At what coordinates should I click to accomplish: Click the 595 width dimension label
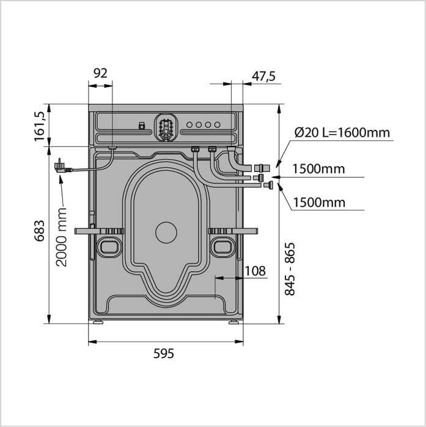[163, 353]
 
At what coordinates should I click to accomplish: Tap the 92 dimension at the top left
[100, 73]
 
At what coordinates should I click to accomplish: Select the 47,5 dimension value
[263, 76]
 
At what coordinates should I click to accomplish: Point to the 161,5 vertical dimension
[39, 126]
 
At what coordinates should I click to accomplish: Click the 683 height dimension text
[39, 231]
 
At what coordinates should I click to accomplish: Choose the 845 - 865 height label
[290, 269]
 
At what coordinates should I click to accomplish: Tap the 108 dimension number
[255, 271]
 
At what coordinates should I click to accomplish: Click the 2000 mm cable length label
[61, 237]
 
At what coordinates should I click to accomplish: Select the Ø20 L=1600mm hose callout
[342, 132]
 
